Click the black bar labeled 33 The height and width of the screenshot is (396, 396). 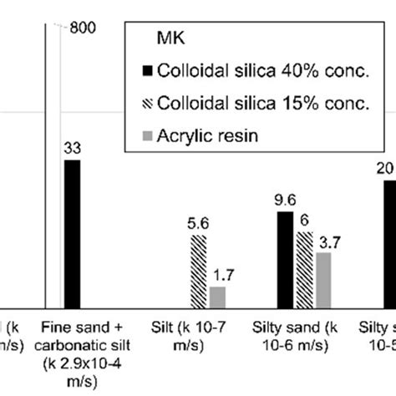tap(72, 234)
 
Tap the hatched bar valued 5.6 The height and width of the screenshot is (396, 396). tap(198, 272)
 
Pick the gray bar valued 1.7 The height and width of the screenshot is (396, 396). tap(217, 297)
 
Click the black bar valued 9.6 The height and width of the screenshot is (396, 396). tap(285, 260)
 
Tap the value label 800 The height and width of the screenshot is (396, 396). tap(84, 28)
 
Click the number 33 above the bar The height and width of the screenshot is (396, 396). tap(73, 148)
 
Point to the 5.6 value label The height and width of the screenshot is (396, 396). tap(198, 224)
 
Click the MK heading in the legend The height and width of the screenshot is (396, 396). tap(167, 38)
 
